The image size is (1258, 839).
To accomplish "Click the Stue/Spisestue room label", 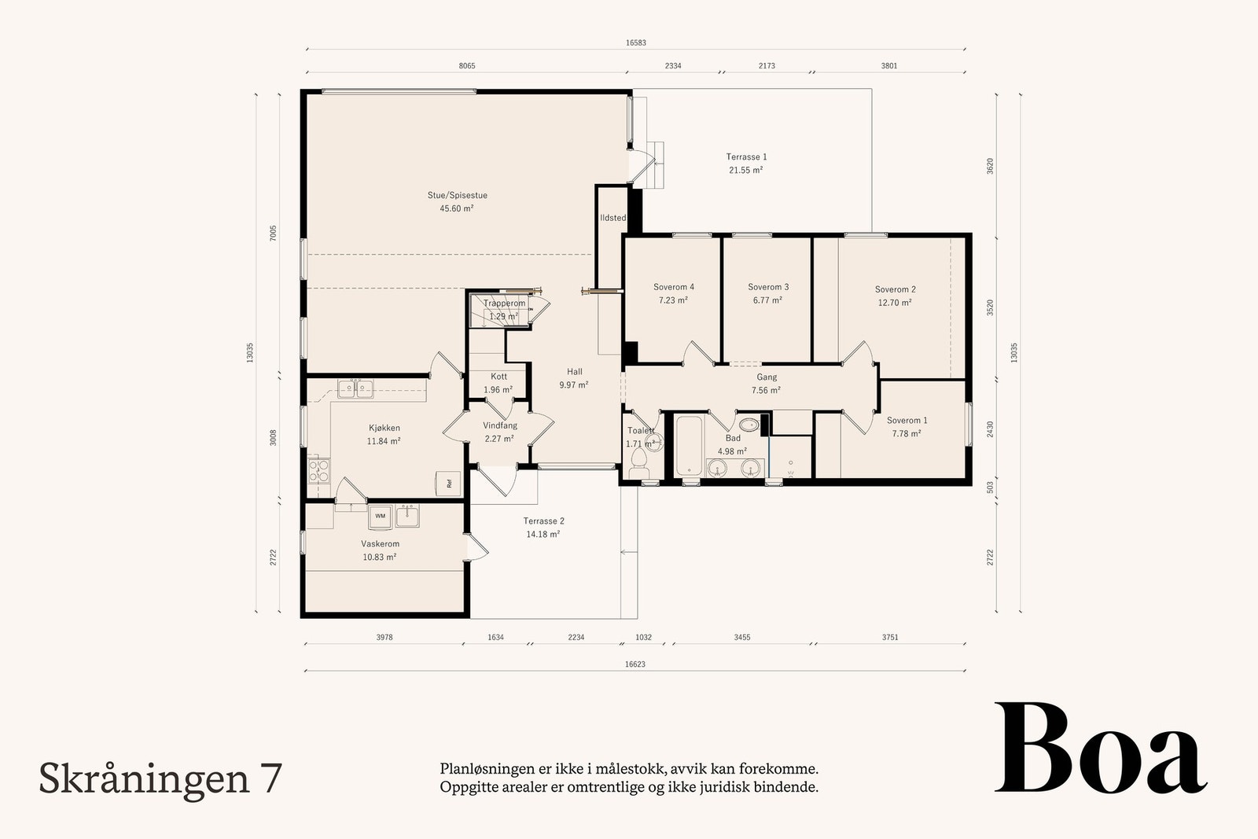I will point(457,195).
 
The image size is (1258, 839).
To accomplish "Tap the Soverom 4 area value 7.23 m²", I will point(673,300).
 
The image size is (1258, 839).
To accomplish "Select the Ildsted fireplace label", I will point(612,218).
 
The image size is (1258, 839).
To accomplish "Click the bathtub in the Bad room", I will point(690,447).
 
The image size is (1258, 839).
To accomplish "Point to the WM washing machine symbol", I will point(381,516).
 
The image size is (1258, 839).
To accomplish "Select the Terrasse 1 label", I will point(746,157).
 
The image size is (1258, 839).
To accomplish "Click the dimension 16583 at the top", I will point(635,43).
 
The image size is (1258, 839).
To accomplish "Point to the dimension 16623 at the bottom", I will point(635,664).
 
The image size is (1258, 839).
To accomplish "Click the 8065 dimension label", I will point(467,66).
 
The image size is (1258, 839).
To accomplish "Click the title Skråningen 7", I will point(160,778).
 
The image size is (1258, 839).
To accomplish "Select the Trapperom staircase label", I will point(504,304).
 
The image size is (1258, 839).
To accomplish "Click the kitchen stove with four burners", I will point(318,470).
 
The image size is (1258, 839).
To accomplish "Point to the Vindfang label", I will point(500,425).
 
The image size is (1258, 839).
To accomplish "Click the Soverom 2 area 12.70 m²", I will point(895,303).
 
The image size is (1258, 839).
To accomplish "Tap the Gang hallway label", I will point(766,377).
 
